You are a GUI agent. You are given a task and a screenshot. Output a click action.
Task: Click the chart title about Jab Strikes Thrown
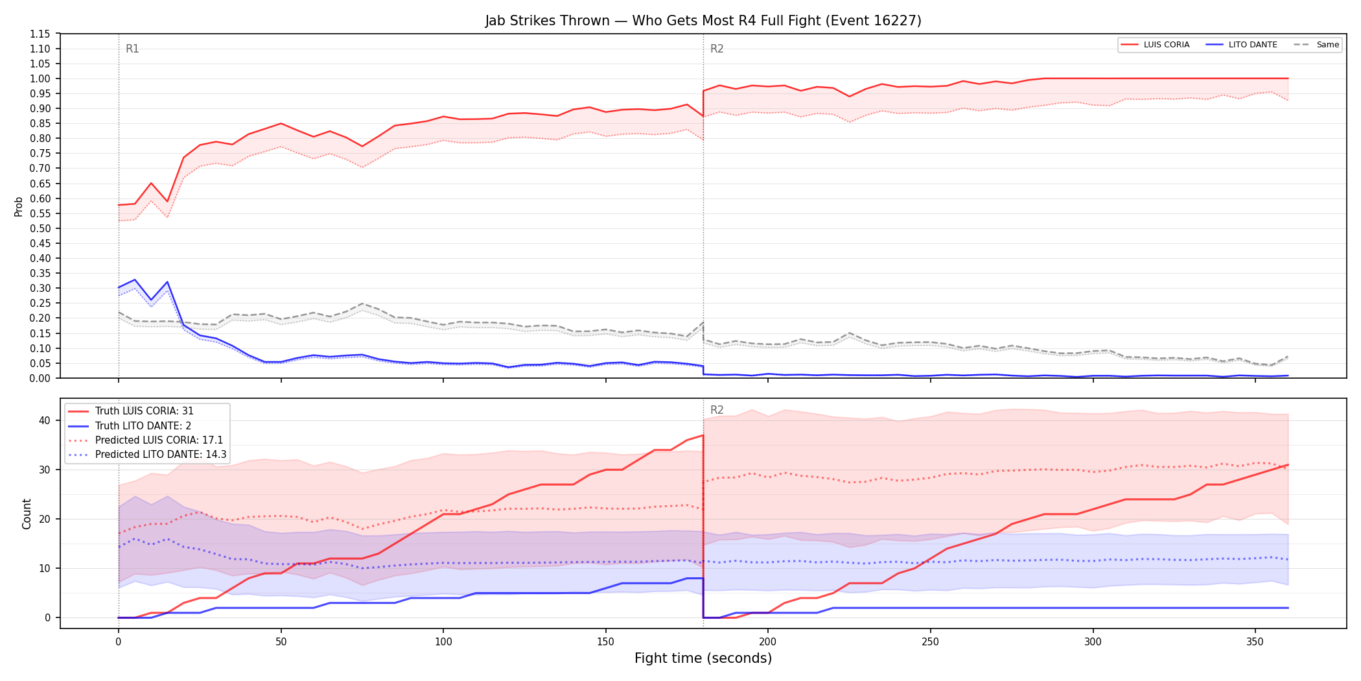tap(703, 21)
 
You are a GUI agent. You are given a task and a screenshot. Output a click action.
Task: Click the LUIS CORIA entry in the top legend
tap(1156, 45)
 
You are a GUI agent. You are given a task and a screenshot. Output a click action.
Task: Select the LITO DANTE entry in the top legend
tap(1242, 45)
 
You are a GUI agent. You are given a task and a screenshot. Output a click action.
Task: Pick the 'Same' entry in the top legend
tap(1316, 45)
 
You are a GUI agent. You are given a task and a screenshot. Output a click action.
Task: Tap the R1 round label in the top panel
tap(132, 49)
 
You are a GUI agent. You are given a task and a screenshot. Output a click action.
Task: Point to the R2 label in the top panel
tap(717, 49)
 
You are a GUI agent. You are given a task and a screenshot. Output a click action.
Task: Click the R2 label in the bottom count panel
tap(717, 410)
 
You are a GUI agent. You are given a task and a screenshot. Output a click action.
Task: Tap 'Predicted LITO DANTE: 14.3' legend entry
tap(147, 454)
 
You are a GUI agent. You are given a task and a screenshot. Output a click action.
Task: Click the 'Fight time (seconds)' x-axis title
tap(703, 658)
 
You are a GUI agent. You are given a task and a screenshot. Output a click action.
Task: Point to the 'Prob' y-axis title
tap(19, 206)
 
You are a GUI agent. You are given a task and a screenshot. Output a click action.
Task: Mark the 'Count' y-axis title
tap(27, 514)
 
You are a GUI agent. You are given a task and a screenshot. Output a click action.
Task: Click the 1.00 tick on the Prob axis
tap(40, 78)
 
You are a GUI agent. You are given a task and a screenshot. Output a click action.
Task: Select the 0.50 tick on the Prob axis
tap(40, 228)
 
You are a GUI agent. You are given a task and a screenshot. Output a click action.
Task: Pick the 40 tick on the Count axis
tap(44, 420)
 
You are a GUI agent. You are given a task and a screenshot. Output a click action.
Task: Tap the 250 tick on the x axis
tap(930, 641)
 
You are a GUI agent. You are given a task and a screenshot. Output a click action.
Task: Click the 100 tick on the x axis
tap(443, 641)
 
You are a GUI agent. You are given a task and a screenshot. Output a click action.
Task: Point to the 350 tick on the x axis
tap(1255, 641)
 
